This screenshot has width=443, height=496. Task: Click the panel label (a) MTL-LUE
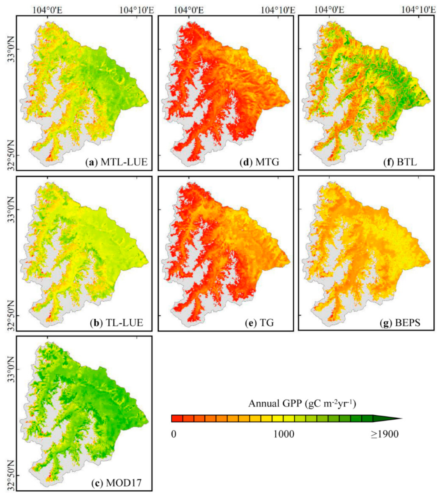point(116,162)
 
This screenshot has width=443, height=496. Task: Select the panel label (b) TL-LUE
point(116,323)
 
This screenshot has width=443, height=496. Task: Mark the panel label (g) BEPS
point(400,323)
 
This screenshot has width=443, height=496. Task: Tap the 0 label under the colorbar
point(174,434)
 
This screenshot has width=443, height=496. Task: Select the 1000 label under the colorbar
point(283,434)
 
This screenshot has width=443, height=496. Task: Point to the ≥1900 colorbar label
point(384,434)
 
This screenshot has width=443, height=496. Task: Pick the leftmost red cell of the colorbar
point(177,418)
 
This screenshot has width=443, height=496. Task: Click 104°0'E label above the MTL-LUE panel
point(47,10)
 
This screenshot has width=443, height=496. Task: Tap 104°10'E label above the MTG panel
point(278,10)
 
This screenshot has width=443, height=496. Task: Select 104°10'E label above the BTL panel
point(418,10)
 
